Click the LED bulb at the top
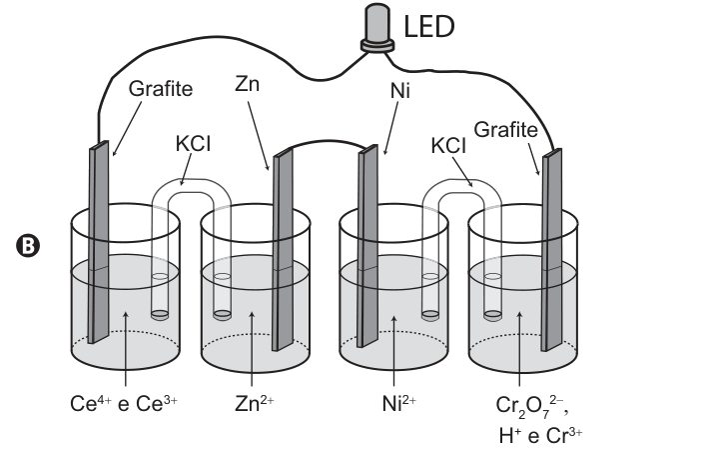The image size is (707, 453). (377, 27)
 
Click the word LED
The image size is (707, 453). (428, 27)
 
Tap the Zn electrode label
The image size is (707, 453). (247, 84)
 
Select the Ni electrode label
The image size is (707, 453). (400, 91)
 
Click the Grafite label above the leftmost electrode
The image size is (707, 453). (161, 89)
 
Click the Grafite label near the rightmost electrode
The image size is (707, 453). (506, 130)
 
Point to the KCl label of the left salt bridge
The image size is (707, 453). (193, 144)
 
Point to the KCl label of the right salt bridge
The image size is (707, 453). (448, 145)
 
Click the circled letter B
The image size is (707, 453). (28, 246)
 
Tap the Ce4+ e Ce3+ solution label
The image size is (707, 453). (124, 403)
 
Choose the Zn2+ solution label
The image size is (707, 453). (255, 403)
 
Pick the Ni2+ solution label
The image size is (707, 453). (399, 403)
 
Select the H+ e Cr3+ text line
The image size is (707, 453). (540, 436)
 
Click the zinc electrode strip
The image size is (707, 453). (283, 250)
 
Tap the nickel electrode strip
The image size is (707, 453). (367, 246)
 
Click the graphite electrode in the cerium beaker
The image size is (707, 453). (99, 242)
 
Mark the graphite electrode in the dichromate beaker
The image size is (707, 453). (551, 250)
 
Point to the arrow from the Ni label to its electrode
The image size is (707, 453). (390, 128)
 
